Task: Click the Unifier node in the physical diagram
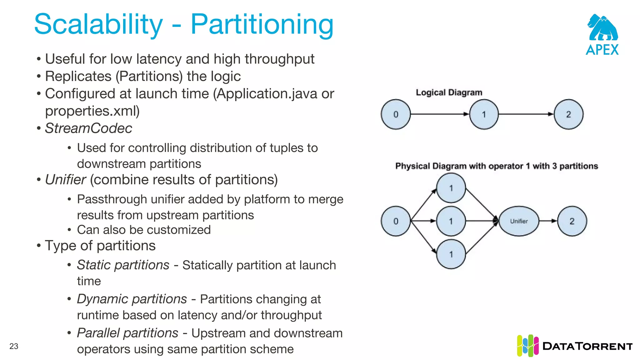pos(519,221)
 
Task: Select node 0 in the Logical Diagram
pos(396,114)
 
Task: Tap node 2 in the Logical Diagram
pos(568,114)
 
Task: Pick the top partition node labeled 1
pos(451,188)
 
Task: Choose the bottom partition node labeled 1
pos(451,254)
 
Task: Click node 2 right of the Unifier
pos(572,221)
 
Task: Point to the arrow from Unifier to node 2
pos(548,221)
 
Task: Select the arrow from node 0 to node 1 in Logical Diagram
pos(439,114)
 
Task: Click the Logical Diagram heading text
pos(449,92)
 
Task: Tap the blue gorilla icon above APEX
pos(602,28)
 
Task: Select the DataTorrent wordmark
pos(587,346)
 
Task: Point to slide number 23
pos(14,346)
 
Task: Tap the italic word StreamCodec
pos(88,128)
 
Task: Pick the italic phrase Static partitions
pos(123,265)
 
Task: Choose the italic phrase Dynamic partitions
pos(132,299)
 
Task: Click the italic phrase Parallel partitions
pos(127,333)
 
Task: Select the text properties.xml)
pos(92,111)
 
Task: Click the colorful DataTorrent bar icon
pos(527,346)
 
